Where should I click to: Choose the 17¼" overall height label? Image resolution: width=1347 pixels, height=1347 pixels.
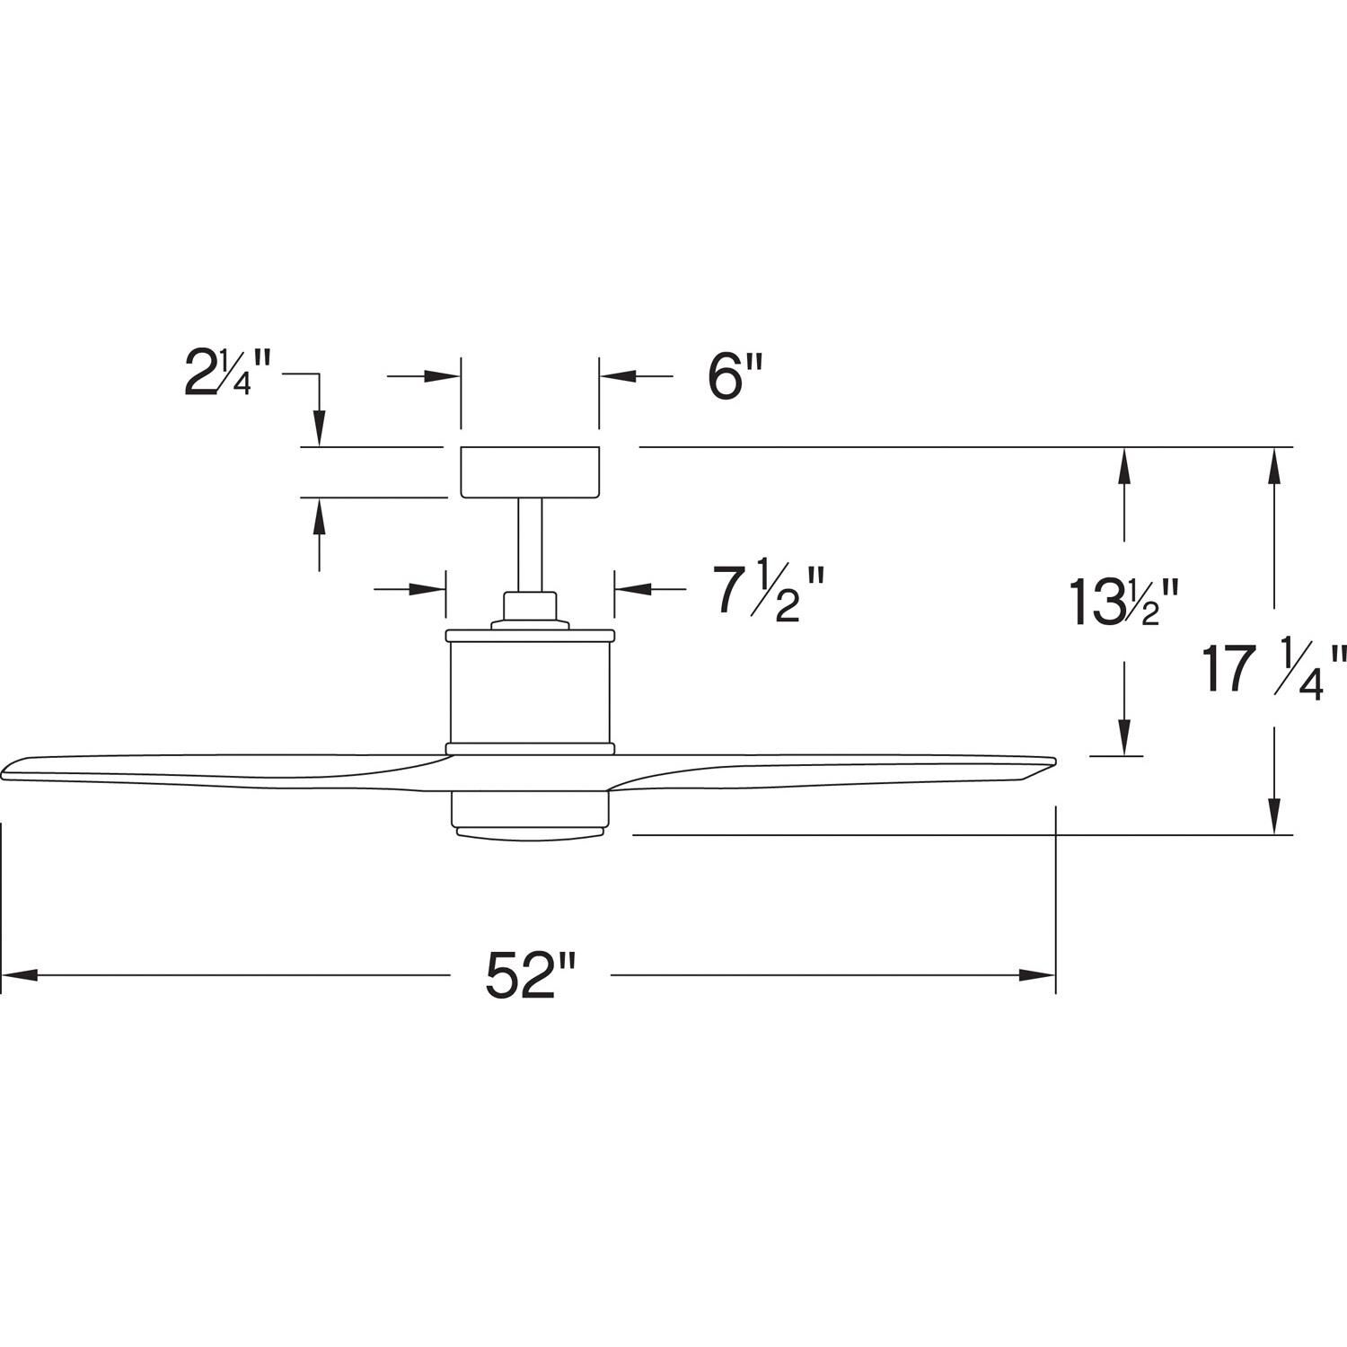click(1274, 668)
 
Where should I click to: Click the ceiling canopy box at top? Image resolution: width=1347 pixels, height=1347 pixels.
click(530, 471)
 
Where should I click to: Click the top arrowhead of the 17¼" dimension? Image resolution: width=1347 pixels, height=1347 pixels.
click(1273, 462)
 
